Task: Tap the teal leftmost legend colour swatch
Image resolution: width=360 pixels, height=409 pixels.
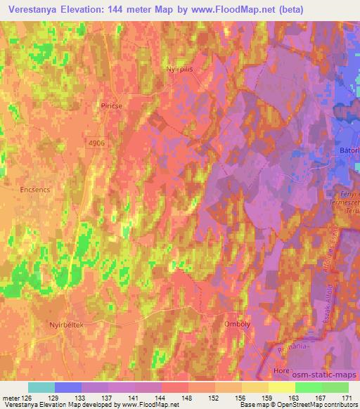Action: pos(41,387)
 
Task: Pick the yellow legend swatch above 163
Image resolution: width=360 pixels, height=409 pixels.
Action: pos(282,387)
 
